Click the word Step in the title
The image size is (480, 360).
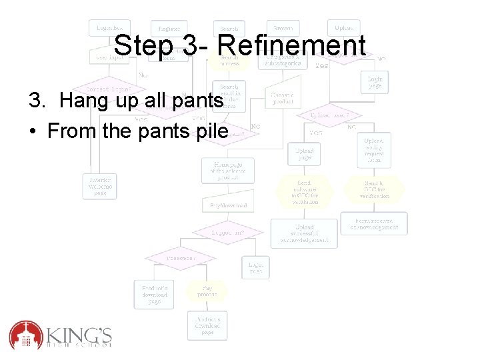[x=142, y=46]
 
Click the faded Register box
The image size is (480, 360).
[x=169, y=29]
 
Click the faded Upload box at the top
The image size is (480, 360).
[x=344, y=28]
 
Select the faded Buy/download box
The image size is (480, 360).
[x=229, y=205]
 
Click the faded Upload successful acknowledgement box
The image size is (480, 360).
[x=303, y=233]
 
